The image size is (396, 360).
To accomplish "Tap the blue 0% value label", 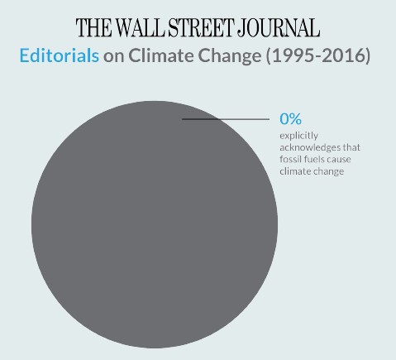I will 291,119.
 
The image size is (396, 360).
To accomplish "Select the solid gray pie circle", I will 153,232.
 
